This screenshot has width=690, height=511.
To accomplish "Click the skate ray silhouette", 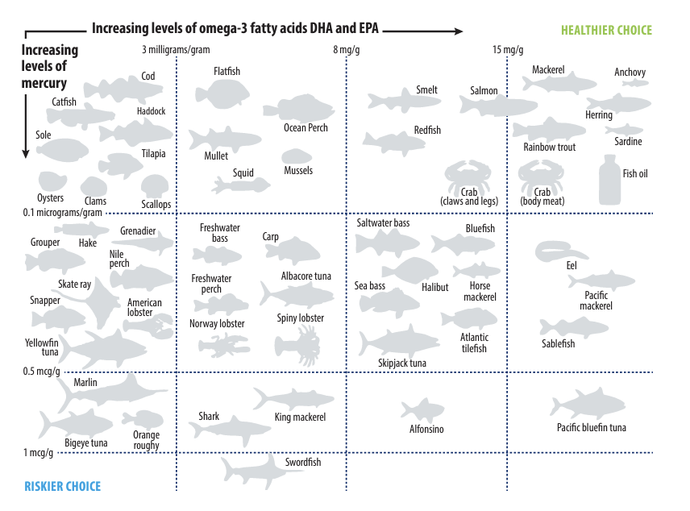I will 92,305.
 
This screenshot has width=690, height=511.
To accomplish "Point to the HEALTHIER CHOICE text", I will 606,31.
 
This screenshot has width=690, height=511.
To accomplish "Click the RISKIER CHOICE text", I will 62,486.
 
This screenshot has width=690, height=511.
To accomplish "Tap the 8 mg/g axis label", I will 348,50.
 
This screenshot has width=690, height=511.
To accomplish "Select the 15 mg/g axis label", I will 508,50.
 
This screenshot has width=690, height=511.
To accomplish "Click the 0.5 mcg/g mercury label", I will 39,372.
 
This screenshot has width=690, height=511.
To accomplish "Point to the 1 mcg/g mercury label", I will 38,453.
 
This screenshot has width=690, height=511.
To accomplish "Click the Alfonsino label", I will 426,430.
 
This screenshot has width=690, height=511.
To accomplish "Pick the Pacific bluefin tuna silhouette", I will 589,404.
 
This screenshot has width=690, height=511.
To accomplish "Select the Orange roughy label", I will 146,440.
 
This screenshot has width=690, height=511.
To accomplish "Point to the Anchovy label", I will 630,73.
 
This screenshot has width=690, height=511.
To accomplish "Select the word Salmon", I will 484,91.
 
